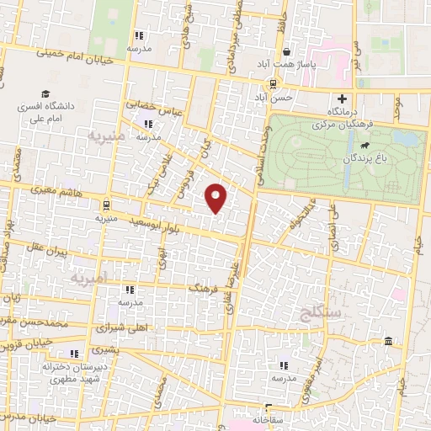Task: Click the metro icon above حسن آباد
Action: [272, 84]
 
